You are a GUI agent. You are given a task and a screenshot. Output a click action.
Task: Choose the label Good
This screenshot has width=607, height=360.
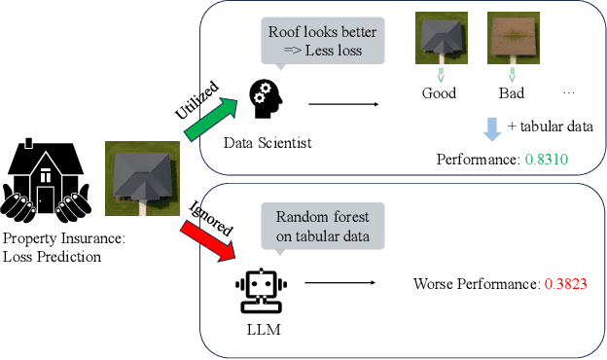pyautogui.click(x=439, y=93)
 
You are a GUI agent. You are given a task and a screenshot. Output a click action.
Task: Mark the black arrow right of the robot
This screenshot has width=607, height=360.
pyautogui.click(x=339, y=284)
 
